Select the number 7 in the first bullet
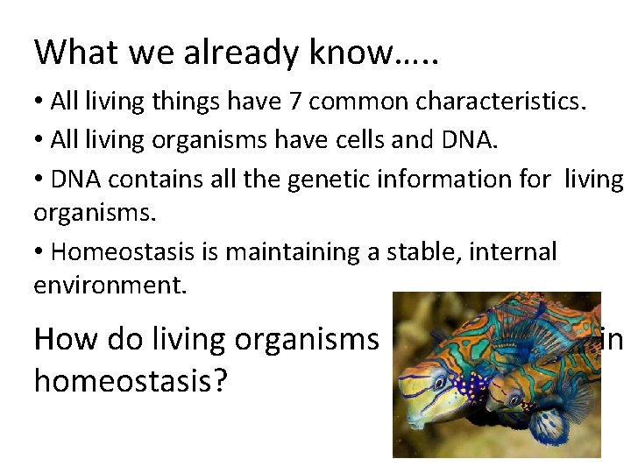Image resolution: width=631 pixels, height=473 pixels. click(295, 102)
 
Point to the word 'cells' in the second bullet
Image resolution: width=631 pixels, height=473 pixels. click(344, 140)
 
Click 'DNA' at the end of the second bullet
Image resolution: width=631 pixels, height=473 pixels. click(471, 140)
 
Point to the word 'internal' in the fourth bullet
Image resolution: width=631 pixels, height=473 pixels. click(513, 252)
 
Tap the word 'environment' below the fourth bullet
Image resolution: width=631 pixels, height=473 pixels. click(109, 285)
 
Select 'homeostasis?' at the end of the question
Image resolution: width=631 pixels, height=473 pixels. click(130, 382)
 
